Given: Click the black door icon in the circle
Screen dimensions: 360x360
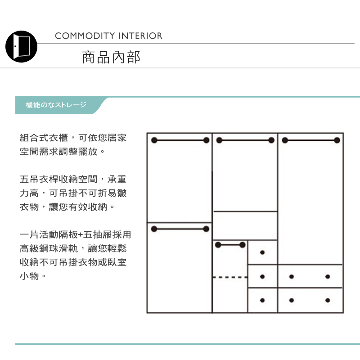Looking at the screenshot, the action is click(21, 46).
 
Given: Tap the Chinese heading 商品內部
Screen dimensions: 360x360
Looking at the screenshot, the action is click(111, 57).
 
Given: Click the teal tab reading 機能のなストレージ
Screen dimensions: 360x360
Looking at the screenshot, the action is click(56, 105).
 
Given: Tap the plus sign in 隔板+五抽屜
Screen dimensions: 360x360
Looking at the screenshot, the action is click(80, 235).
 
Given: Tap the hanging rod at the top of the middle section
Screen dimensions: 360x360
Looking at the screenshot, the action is click(245, 140).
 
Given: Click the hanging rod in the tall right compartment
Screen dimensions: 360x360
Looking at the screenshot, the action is click(310, 140).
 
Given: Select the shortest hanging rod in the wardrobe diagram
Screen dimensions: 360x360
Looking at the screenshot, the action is click(230, 245).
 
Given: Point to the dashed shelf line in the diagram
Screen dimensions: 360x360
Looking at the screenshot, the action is click(229, 277).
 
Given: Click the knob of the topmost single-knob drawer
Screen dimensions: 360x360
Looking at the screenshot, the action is click(262, 252).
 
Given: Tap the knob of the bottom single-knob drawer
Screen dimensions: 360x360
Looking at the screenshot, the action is click(262, 300).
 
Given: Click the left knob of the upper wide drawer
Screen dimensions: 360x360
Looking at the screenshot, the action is click(292, 276).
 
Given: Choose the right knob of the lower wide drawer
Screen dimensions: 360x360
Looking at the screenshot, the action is click(328, 300).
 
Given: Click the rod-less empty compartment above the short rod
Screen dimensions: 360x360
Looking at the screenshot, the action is click(245, 225).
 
